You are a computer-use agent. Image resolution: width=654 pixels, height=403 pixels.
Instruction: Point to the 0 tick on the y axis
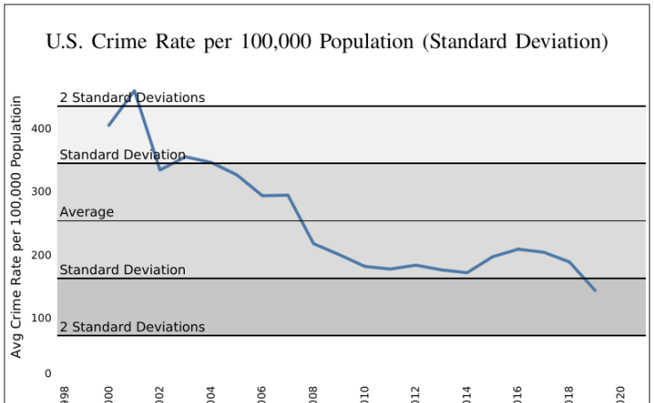pyautogui.click(x=48, y=374)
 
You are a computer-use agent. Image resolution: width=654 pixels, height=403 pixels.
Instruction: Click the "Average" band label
pyautogui.click(x=87, y=212)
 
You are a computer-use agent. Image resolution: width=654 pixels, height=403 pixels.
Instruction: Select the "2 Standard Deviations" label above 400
pyautogui.click(x=132, y=98)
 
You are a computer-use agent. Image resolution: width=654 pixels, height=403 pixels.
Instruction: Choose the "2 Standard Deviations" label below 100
pyautogui.click(x=132, y=327)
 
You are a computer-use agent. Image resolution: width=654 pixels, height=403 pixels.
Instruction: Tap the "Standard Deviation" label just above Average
pyautogui.click(x=123, y=155)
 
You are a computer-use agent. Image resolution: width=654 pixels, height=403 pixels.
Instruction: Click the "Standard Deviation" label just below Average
pyautogui.click(x=123, y=270)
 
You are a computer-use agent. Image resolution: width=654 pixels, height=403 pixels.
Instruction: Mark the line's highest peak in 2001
pyautogui.click(x=134, y=91)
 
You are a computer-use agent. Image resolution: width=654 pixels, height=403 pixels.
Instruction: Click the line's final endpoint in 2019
pyautogui.click(x=595, y=290)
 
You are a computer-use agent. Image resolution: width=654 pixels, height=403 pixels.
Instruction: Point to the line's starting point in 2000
pyautogui.click(x=108, y=125)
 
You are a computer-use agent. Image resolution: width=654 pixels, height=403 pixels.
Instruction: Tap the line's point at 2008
pyautogui.click(x=314, y=243)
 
